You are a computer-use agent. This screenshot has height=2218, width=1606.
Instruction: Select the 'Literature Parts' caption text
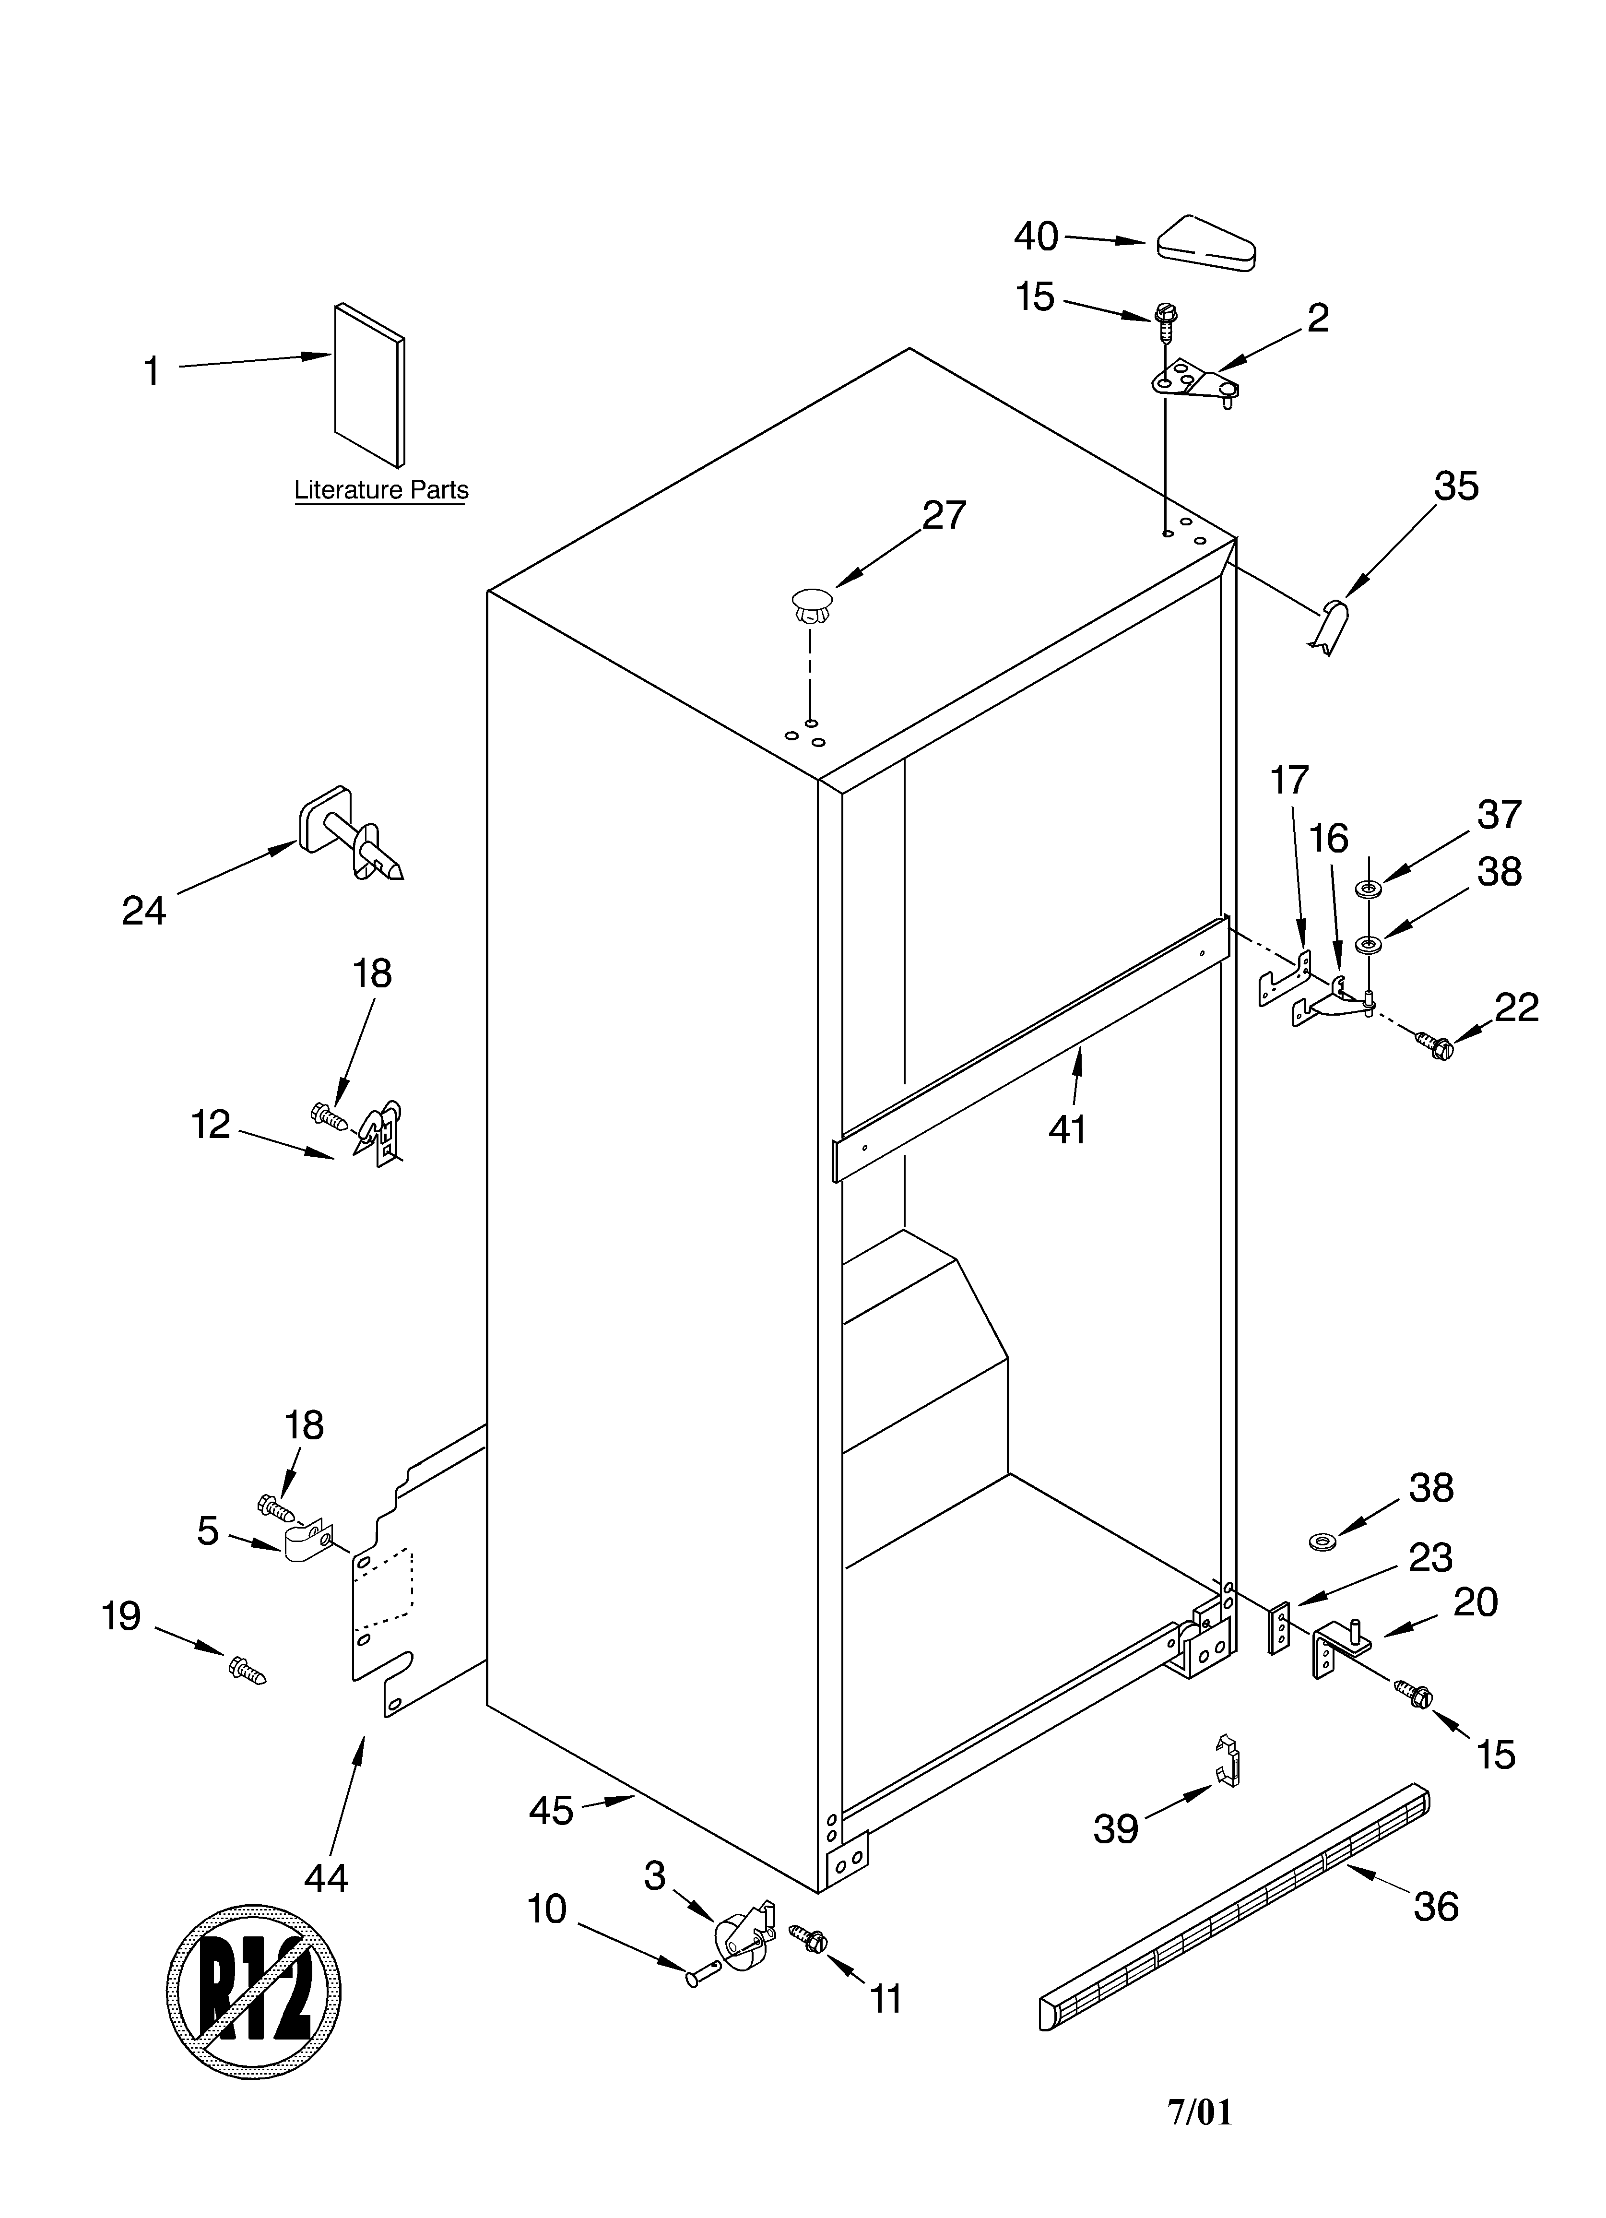[x=381, y=490]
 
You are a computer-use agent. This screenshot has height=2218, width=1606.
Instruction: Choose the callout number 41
[x=1067, y=1129]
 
